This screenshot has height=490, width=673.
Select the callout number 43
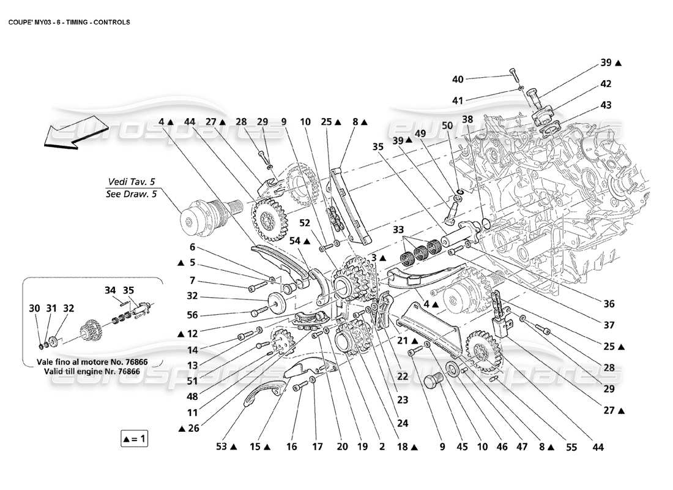click(x=605, y=105)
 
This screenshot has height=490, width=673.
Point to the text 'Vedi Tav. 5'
click(x=132, y=181)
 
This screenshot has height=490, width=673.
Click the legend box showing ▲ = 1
click(x=135, y=439)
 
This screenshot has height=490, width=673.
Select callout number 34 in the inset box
click(x=110, y=290)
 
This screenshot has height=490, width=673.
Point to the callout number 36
click(x=608, y=303)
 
